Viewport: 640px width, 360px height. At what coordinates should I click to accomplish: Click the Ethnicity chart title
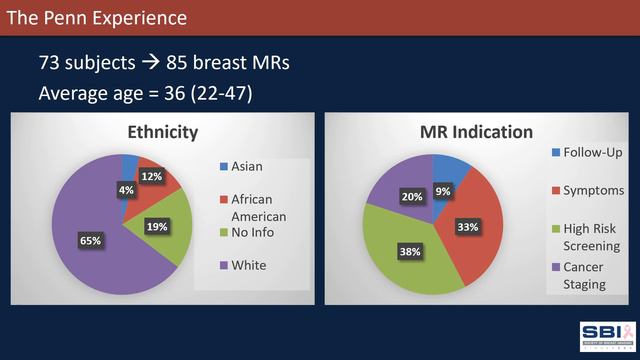[x=162, y=132]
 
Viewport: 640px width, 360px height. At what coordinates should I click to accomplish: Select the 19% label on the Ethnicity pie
[x=156, y=227]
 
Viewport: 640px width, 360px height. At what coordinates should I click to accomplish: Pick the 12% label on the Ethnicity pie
[x=152, y=177]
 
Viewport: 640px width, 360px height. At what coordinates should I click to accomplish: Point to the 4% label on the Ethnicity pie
[x=126, y=189]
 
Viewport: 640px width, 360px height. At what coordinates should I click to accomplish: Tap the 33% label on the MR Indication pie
[x=468, y=227]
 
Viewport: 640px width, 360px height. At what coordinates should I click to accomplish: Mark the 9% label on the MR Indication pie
[x=442, y=189]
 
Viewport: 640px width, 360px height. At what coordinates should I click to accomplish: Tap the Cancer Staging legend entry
[x=584, y=275]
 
